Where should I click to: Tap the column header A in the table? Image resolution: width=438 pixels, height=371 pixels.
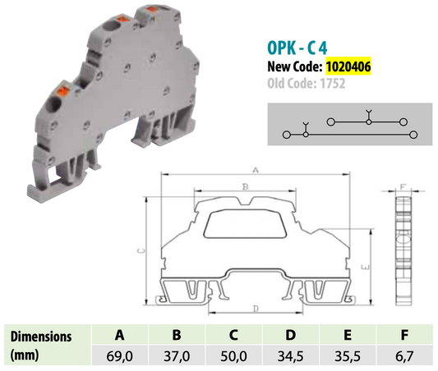[x=119, y=335]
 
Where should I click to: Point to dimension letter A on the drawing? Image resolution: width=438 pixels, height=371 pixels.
[x=256, y=171]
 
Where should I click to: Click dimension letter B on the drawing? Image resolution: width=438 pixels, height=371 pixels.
[x=244, y=188]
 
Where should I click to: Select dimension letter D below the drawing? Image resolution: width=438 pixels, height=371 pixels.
[x=256, y=308]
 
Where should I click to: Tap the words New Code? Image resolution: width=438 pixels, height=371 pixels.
[x=293, y=64]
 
